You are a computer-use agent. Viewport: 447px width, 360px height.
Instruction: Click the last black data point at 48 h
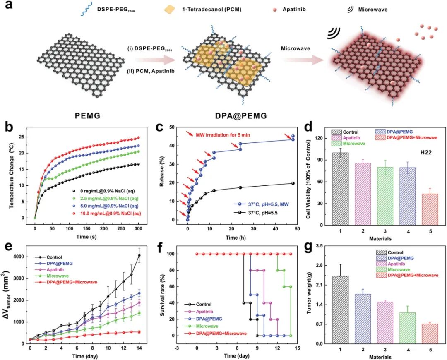293,183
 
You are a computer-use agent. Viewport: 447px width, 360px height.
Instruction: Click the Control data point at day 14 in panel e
139,255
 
